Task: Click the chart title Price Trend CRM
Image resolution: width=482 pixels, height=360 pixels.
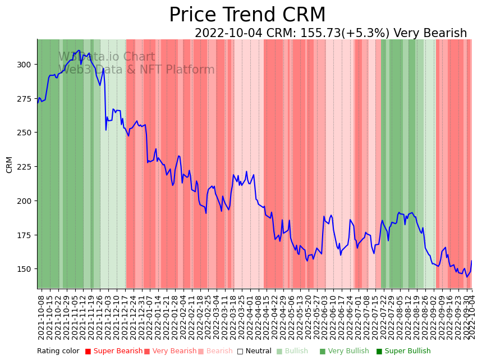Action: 247,15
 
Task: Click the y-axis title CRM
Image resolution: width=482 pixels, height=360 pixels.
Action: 10,165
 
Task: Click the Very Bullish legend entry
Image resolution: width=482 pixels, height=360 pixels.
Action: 345,352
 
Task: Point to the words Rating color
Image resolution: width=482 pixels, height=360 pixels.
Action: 58,352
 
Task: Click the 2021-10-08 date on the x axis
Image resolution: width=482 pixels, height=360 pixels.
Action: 41,317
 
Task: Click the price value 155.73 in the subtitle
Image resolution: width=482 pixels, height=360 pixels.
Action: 318,33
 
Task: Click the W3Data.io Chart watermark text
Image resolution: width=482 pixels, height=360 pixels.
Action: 107,57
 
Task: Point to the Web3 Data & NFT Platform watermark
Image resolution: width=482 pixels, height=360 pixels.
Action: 136,70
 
